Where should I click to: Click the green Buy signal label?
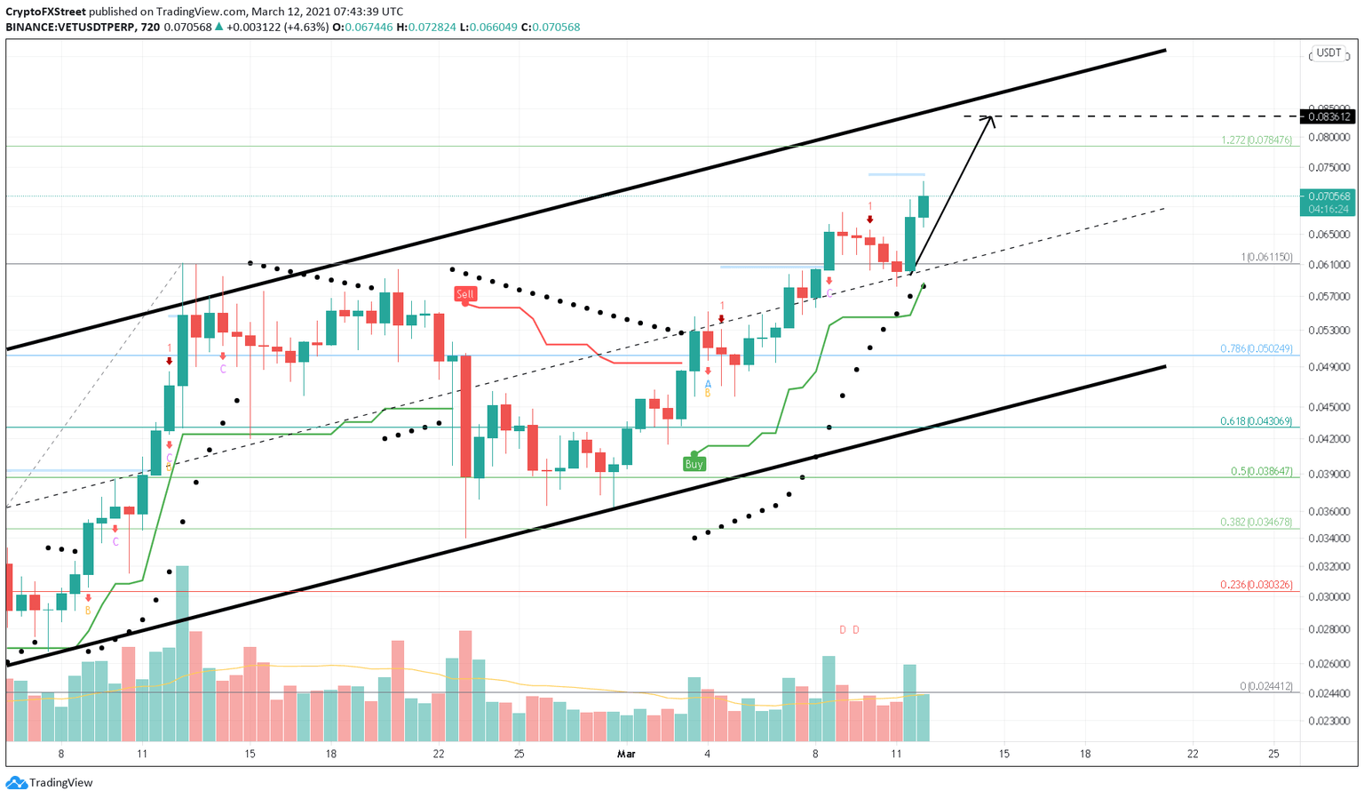coord(694,464)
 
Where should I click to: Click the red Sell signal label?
coord(465,294)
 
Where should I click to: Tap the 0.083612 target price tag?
coord(1328,116)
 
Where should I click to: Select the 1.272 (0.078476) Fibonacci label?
coord(1256,140)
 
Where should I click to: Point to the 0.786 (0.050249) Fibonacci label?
coord(1256,348)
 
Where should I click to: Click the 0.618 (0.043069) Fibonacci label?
coord(1256,421)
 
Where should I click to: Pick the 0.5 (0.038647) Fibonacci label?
coord(1261,471)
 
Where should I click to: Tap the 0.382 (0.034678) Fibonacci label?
coord(1256,523)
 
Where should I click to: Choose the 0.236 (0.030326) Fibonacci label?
coord(1256,585)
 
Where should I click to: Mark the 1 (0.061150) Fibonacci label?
coord(1266,258)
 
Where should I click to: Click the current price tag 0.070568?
coord(1328,196)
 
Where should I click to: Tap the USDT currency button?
coord(1328,53)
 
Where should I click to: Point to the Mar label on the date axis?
coord(626,755)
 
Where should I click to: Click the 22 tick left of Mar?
coord(439,755)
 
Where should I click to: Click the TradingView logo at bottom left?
coord(50,783)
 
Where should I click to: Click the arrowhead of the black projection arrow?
coord(989,119)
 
